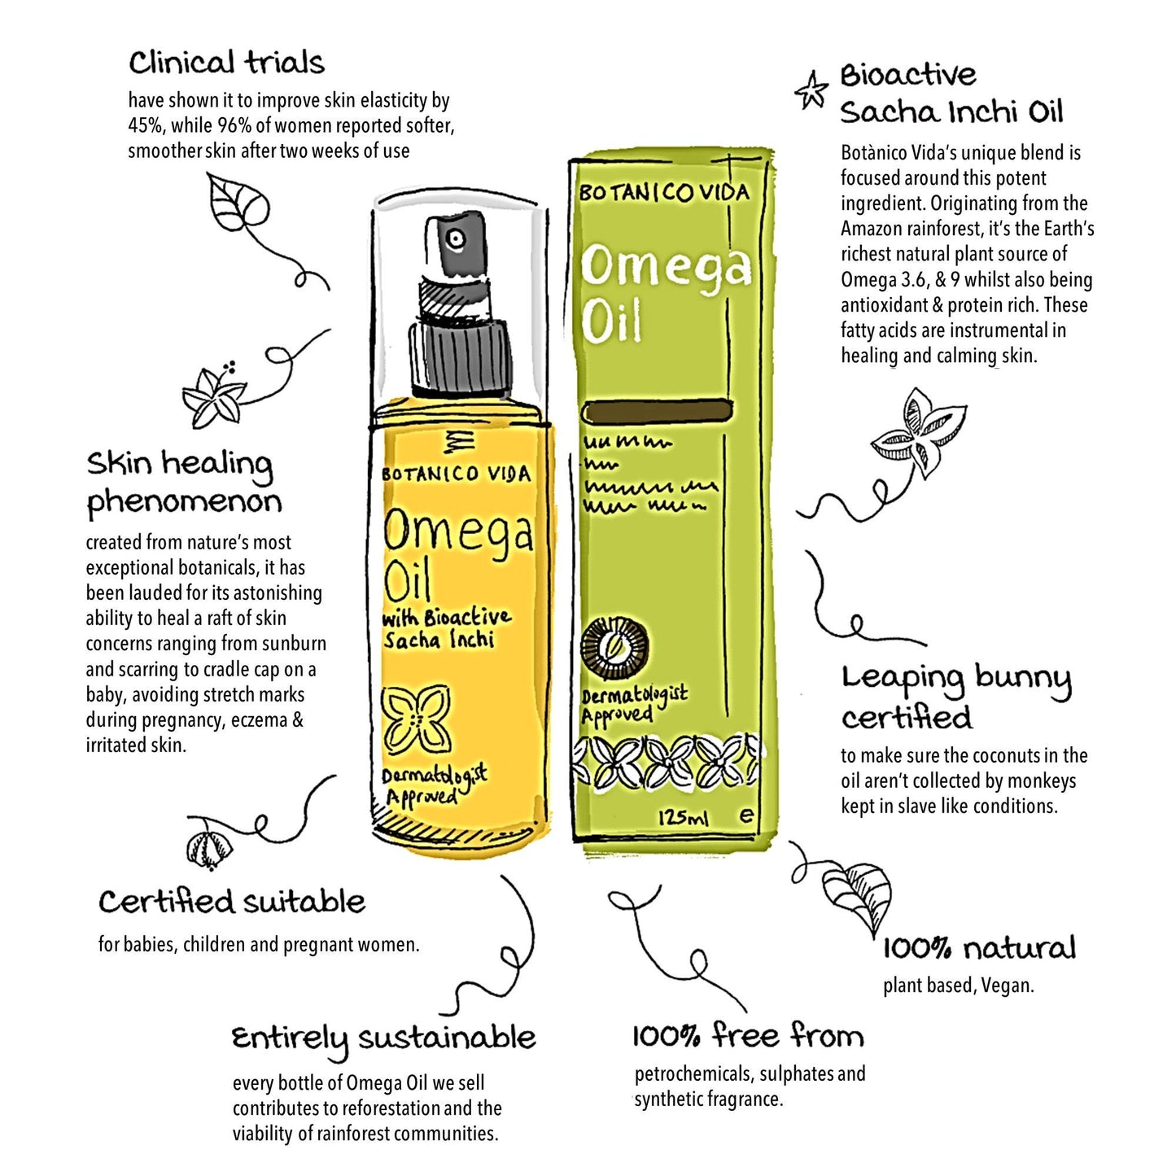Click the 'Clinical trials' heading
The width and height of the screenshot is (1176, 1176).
pyautogui.click(x=226, y=63)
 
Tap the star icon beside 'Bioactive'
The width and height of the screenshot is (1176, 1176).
pyautogui.click(x=811, y=90)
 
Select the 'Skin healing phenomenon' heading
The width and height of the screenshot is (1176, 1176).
pyautogui.click(x=184, y=483)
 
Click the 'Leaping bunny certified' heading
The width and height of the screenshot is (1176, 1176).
pyautogui.click(x=955, y=697)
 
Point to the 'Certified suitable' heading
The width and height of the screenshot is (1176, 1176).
pyautogui.click(x=232, y=902)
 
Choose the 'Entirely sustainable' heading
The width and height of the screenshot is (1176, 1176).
pyautogui.click(x=383, y=1039)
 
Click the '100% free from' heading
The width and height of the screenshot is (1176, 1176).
pyautogui.click(x=748, y=1036)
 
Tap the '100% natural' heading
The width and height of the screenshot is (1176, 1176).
pyautogui.click(x=979, y=949)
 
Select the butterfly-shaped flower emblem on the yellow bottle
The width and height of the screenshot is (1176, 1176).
pyautogui.click(x=418, y=719)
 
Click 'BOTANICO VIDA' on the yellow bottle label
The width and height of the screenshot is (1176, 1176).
pyautogui.click(x=457, y=474)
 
